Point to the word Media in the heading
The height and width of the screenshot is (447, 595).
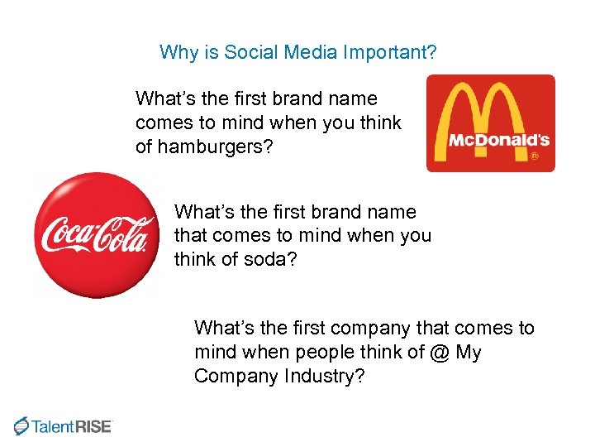307,53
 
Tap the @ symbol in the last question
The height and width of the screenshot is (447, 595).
440,352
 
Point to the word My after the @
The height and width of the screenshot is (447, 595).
469,352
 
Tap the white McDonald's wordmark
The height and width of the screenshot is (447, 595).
498,140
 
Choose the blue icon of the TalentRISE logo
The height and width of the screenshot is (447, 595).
21,425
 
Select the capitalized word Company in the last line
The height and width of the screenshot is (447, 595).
232,376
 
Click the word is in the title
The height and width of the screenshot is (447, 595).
209,53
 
